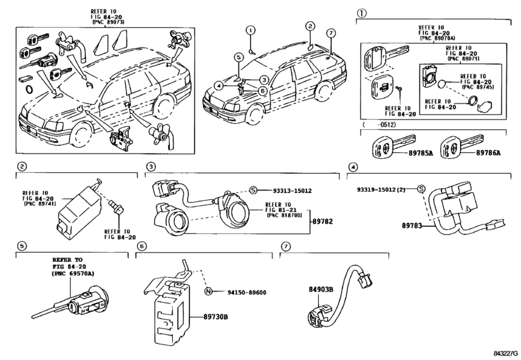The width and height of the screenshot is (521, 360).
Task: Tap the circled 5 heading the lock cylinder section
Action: pos(21,246)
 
